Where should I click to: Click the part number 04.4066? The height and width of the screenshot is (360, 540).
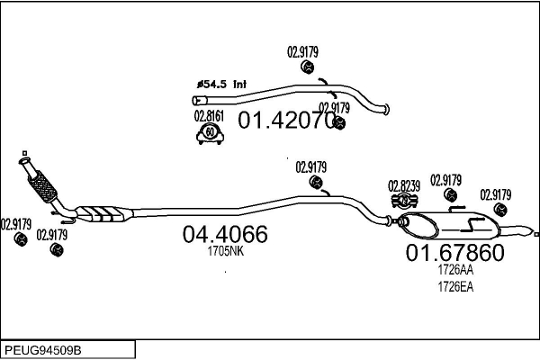225,234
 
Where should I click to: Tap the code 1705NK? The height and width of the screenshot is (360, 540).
225,252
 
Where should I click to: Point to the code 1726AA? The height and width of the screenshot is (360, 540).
454,269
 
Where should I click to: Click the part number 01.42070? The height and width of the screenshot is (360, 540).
286,119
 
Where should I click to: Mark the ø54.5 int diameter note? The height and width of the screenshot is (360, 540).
221,84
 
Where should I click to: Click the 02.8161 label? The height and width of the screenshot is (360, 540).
209,116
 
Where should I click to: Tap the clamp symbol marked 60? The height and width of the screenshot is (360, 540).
210,134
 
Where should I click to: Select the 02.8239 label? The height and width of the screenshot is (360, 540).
404,186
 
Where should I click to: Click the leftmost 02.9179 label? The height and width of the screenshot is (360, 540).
16,224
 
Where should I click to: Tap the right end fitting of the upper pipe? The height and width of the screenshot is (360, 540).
385,111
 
